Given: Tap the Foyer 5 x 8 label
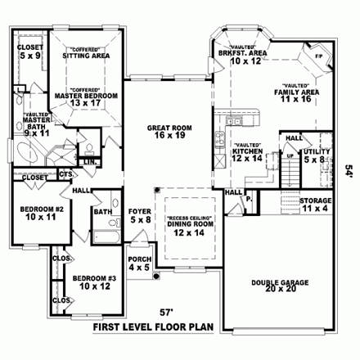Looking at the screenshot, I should point(141,215).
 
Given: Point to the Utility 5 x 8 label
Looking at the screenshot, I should point(317,155).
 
